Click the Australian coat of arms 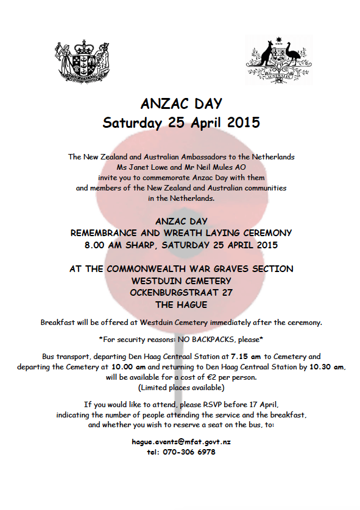[x=279, y=59]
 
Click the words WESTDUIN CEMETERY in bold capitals [x=181, y=281]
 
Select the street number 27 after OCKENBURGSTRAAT [x=227, y=292]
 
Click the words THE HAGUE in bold [x=181, y=304]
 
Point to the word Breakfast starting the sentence [x=59, y=322]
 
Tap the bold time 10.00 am [x=127, y=367]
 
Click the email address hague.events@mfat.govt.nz [x=181, y=442]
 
